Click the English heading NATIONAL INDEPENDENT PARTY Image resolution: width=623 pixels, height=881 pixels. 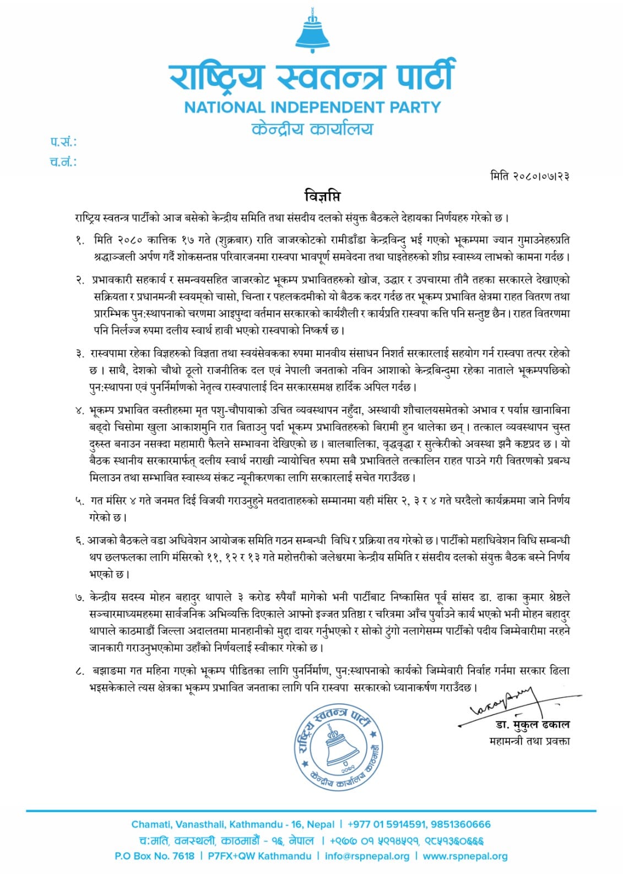click(312, 107)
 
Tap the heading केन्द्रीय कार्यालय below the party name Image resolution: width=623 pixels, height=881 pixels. click(312, 129)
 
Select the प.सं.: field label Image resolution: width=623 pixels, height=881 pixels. click(63, 142)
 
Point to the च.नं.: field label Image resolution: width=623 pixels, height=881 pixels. click(63, 162)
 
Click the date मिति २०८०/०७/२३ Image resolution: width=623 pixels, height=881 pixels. click(529, 176)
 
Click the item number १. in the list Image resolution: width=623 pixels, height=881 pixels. click(80, 240)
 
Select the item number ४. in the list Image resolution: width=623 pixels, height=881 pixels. click(80, 410)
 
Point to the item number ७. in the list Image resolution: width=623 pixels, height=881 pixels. click(80, 597)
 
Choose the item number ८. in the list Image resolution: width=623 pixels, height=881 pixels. click(80, 671)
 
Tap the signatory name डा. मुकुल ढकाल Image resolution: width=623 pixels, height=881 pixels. click(529, 725)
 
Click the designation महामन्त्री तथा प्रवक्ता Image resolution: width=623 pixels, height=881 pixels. click(529, 741)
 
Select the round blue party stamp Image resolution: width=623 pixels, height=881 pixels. click(338, 746)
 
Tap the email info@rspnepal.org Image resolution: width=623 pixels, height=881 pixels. click(367, 856)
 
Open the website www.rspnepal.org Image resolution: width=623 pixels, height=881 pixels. click(465, 856)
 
